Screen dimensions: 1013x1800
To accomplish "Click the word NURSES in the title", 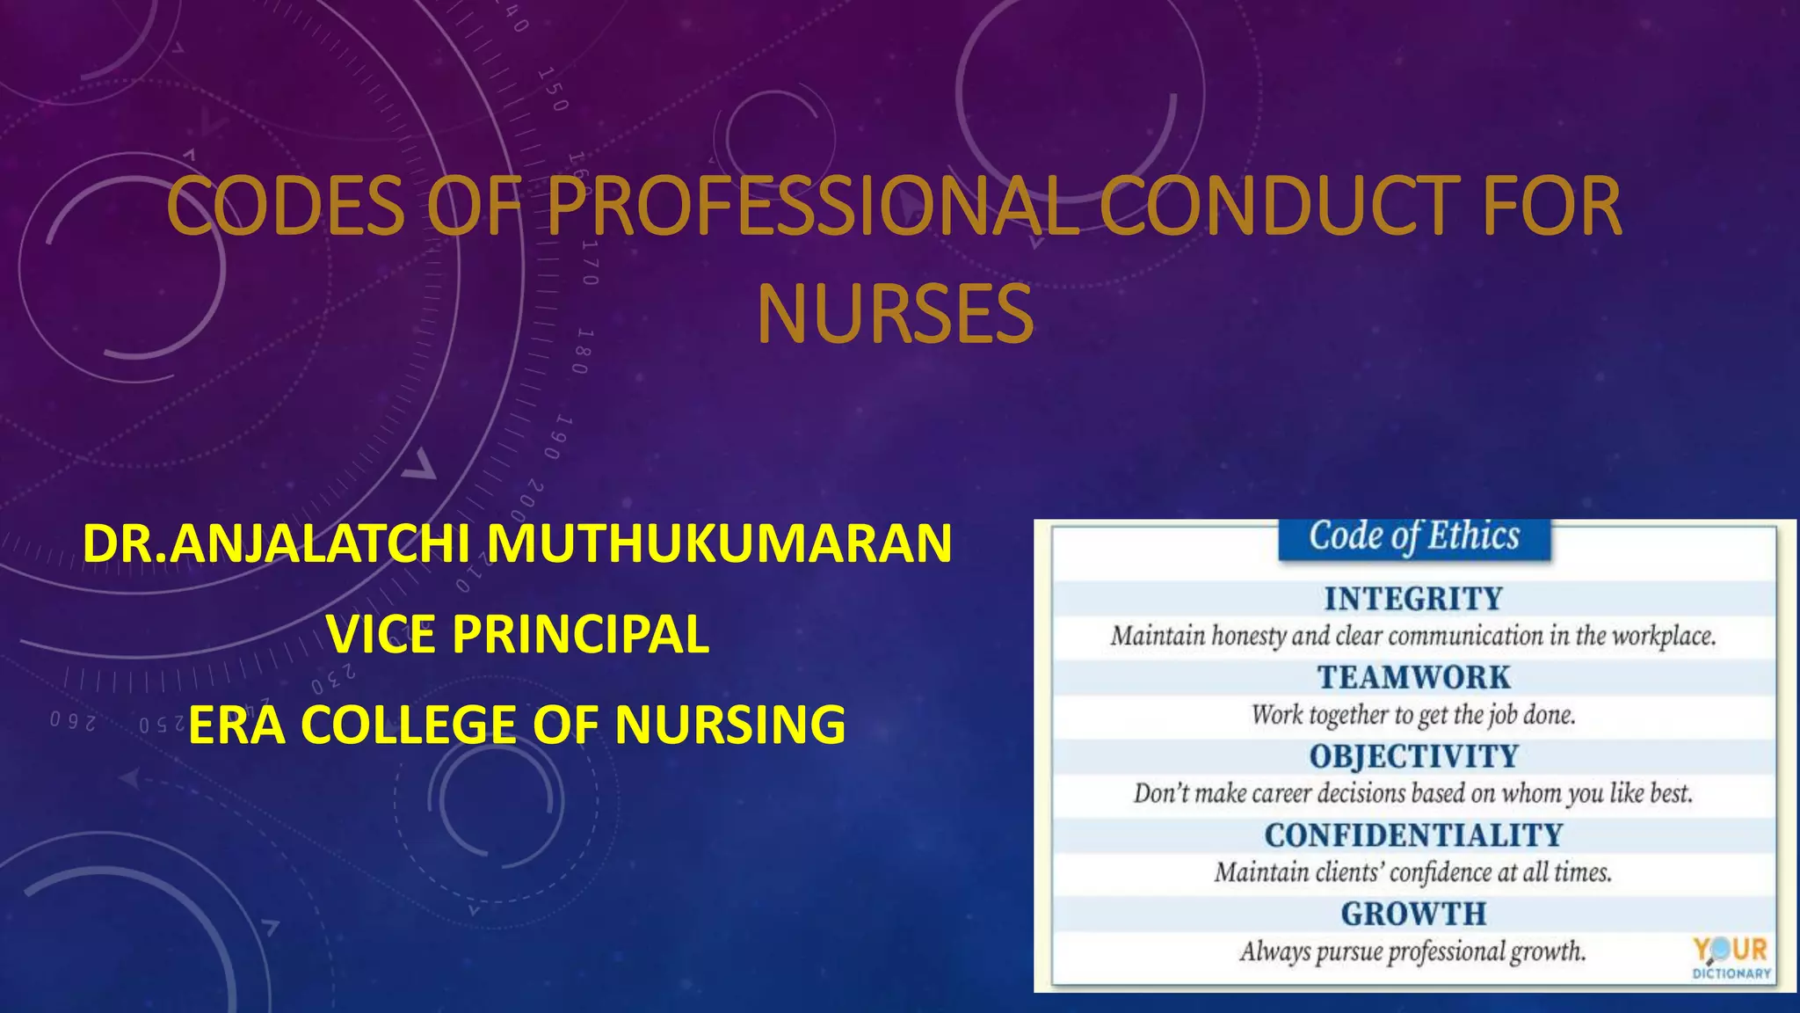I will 895,315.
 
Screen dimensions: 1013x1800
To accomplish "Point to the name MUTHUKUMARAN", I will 719,543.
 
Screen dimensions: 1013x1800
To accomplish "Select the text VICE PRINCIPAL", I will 518,634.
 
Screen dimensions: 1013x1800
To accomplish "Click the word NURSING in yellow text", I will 729,725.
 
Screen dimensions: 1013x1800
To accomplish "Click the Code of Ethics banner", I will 1413,536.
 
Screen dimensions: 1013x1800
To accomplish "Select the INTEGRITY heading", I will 1413,599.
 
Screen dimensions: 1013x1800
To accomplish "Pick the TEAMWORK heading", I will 1413,677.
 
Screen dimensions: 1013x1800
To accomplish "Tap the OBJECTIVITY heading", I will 1413,756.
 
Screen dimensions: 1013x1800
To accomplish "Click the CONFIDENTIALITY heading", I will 1413,834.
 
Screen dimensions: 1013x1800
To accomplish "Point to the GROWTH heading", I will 1413,914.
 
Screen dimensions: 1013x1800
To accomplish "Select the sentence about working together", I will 1413,715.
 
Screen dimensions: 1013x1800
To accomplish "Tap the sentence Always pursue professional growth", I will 1413,951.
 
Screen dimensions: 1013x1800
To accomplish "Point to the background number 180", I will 583,351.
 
